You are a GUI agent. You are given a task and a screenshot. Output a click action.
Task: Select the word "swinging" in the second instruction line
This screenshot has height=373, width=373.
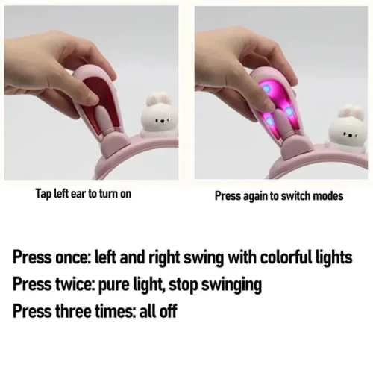[231, 285]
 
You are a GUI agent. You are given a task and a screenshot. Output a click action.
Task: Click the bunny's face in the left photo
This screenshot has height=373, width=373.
[162, 121]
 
